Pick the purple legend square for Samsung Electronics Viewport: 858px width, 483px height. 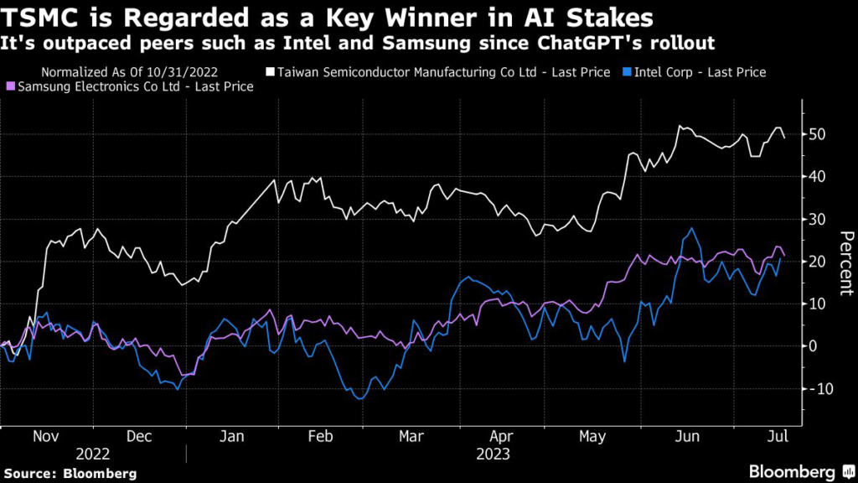(10, 86)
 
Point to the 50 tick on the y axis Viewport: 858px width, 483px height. (818, 134)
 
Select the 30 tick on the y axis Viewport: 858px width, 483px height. (818, 219)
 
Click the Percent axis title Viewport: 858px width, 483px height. (845, 262)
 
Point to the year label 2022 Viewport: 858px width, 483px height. (94, 454)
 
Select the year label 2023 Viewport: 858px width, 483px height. (494, 454)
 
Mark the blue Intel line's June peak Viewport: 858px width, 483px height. (691, 228)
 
